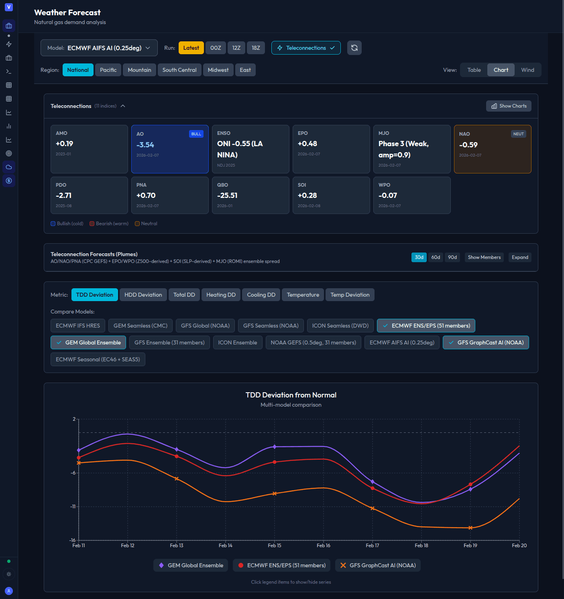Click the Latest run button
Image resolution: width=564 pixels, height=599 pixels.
tap(191, 48)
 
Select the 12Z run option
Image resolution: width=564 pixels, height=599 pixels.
tap(236, 48)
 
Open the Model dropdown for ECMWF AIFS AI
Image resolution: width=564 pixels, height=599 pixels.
tap(99, 48)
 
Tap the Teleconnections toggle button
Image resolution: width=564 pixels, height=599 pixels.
tap(306, 48)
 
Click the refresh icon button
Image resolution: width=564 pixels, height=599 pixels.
tap(354, 48)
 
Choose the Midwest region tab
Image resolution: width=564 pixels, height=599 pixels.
tap(218, 70)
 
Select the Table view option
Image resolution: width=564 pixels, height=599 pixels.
tap(474, 70)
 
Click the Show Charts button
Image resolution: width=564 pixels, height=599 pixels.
tap(509, 106)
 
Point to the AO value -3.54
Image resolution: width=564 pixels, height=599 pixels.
tap(145, 145)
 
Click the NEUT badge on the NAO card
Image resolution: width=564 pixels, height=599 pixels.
tap(518, 134)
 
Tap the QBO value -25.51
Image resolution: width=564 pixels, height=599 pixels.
tap(227, 196)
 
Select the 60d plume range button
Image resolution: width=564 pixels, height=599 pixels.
tap(436, 257)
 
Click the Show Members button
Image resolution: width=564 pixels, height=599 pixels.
tap(484, 257)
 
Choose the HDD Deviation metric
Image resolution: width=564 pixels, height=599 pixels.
tap(143, 295)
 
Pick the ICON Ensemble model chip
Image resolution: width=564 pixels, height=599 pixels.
tap(238, 342)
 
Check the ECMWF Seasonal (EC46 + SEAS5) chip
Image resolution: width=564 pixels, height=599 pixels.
tap(98, 359)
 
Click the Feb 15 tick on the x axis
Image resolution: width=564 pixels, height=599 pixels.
tap(275, 545)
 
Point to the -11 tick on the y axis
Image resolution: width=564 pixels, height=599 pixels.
tap(73, 507)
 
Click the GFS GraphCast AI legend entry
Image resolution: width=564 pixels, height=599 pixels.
tap(378, 565)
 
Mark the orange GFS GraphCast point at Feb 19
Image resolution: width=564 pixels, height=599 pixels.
tap(470, 528)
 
